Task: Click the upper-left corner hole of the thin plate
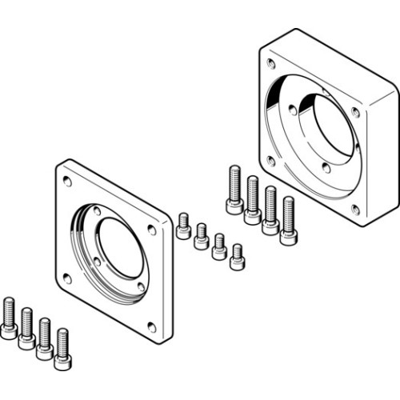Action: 67,182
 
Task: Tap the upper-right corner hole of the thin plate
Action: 151,230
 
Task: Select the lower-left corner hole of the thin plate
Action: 67,278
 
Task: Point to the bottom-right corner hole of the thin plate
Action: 152,326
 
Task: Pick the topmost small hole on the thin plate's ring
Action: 97,211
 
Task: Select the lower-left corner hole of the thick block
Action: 271,161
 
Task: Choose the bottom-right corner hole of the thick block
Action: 355,210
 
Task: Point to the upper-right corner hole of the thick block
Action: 355,113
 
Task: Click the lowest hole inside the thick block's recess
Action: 326,169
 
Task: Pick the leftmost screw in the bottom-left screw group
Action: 9,317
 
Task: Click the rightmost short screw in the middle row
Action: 237,257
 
